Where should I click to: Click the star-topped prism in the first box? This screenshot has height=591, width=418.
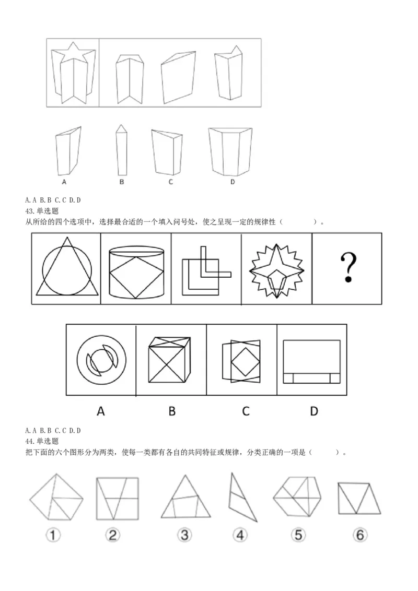73,72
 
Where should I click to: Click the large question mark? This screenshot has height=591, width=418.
347,267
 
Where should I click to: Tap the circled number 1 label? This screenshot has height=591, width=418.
54,535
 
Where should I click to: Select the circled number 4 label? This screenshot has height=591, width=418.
240,535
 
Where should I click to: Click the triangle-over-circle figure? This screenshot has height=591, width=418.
66,268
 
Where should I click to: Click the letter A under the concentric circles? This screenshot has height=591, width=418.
101,411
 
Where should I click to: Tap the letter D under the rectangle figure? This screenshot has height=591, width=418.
313,411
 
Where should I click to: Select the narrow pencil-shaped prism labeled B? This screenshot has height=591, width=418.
121,150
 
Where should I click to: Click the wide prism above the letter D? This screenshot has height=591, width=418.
230,151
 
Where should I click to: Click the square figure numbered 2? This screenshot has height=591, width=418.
117,498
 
